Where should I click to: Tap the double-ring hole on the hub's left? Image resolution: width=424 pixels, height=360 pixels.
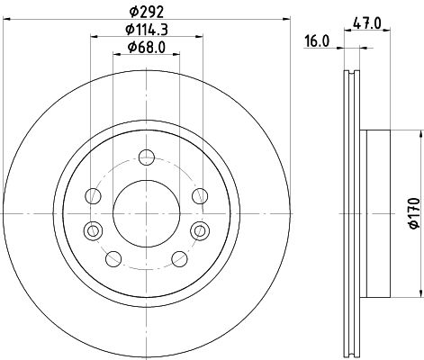pyautogui.click(x=91, y=231)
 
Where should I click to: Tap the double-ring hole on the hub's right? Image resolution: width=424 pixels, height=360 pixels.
pyautogui.click(x=198, y=231)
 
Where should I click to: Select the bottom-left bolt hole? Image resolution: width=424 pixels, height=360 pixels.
pyautogui.click(x=113, y=258)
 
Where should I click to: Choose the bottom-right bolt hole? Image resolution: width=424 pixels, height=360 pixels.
pyautogui.click(x=177, y=258)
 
